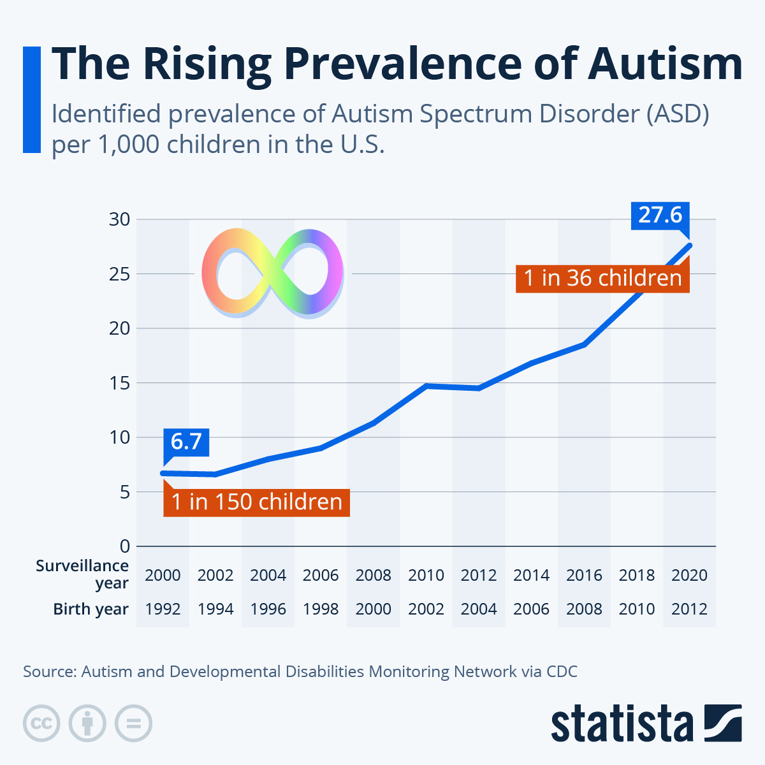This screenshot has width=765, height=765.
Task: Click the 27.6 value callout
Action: click(x=660, y=215)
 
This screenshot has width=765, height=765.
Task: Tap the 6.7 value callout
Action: click(x=186, y=441)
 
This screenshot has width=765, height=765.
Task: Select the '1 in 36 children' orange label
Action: click(x=602, y=278)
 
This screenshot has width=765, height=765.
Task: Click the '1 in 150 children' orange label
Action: click(x=256, y=502)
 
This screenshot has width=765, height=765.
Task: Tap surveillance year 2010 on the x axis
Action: click(x=426, y=575)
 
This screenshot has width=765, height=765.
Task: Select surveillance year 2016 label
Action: click(x=584, y=575)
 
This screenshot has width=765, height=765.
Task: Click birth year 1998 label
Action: click(x=321, y=609)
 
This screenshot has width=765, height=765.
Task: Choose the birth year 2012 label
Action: click(x=689, y=609)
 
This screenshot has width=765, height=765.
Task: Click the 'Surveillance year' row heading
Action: click(x=83, y=574)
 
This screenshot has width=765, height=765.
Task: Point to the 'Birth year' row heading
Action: click(x=91, y=609)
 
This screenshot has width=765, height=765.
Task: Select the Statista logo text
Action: click(x=622, y=724)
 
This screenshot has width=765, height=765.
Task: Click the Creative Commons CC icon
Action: click(x=41, y=724)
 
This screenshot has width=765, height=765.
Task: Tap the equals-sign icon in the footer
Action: click(x=133, y=724)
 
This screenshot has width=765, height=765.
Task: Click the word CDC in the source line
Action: click(x=562, y=671)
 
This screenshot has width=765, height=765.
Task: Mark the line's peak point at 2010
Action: click(x=426, y=386)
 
